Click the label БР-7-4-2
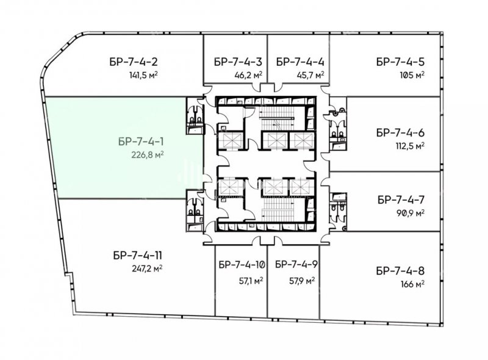click(x=134, y=62)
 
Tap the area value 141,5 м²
click(x=143, y=75)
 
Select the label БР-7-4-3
click(x=238, y=62)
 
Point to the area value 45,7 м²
click(x=310, y=75)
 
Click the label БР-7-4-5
click(x=400, y=62)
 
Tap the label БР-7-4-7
click(x=401, y=200)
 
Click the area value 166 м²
click(x=413, y=284)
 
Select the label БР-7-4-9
click(x=296, y=264)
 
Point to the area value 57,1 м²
click(x=251, y=281)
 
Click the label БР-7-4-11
click(x=138, y=256)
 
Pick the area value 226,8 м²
click(x=148, y=155)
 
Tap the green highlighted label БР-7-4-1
click(x=141, y=142)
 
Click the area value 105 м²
click(x=412, y=75)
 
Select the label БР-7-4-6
click(x=400, y=132)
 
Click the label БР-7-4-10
click(x=242, y=265)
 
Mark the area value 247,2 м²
click(x=147, y=268)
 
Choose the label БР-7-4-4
click(x=300, y=62)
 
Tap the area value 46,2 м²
click(x=248, y=75)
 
